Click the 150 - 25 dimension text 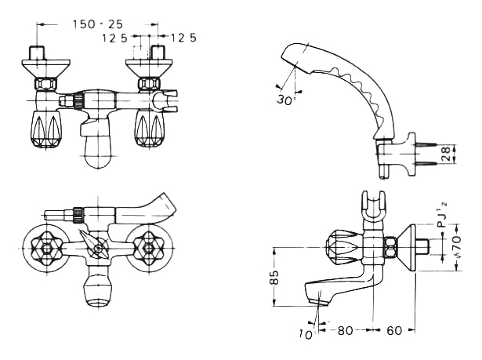(97, 24)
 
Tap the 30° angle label (285, 100)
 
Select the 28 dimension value (446, 154)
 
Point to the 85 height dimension (275, 277)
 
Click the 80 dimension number (345, 331)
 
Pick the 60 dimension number (394, 331)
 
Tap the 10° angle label (306, 334)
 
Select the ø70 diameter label (457, 246)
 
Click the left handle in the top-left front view (46, 129)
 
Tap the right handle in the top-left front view (150, 129)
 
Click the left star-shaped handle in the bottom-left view (46, 248)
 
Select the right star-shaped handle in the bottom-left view (150, 248)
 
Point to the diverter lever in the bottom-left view (93, 244)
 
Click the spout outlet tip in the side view (317, 302)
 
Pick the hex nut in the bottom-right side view (392, 248)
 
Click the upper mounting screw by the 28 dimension (426, 144)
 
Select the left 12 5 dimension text (114, 38)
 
